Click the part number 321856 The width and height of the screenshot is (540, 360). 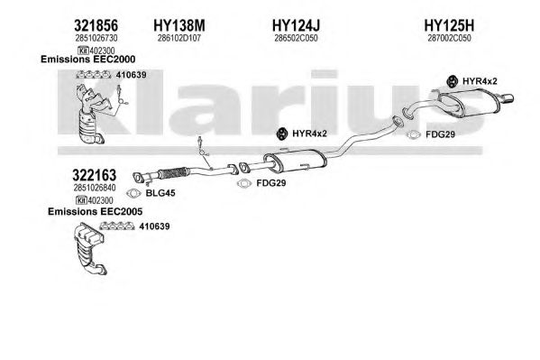tap(96, 25)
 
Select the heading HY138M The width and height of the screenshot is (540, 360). tap(179, 25)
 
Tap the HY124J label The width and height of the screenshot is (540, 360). tap(296, 25)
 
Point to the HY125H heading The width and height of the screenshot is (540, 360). tap(449, 25)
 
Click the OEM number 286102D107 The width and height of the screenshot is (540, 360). tap(179, 38)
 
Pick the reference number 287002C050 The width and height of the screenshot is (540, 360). tap(449, 38)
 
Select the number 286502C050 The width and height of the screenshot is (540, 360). tap(296, 38)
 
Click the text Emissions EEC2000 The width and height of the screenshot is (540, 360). tap(87, 59)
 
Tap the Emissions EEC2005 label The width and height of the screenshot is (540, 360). tap(95, 211)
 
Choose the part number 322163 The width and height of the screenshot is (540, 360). tap(95, 176)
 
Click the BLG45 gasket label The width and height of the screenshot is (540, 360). tap(160, 193)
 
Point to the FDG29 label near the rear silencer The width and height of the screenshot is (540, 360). tap(440, 134)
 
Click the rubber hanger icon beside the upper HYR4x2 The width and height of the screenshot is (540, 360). tap(452, 81)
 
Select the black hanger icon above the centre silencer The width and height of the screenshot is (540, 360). tap(281, 134)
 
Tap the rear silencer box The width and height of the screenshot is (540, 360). tap(471, 103)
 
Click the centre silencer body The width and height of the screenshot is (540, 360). tap(296, 161)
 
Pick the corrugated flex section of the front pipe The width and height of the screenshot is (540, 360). tap(174, 172)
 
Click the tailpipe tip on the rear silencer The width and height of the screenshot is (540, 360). tap(508, 98)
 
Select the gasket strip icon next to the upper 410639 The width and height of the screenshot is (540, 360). tap(94, 75)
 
